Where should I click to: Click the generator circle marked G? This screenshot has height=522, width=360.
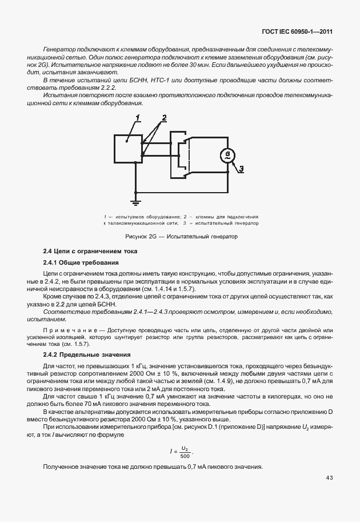point(228,155)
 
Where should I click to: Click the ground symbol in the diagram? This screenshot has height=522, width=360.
point(135,201)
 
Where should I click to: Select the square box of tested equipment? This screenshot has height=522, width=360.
point(127,148)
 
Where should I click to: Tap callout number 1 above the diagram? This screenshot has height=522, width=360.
point(137,118)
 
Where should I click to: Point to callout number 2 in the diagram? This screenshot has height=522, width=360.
point(163,118)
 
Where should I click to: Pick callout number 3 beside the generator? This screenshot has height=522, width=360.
point(241,169)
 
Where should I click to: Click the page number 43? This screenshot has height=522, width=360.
point(329,477)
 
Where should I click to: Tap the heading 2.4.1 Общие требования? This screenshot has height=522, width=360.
point(81,262)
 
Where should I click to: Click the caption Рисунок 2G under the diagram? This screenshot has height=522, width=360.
point(181,236)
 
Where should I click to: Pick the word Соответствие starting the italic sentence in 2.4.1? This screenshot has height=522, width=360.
point(63,312)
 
